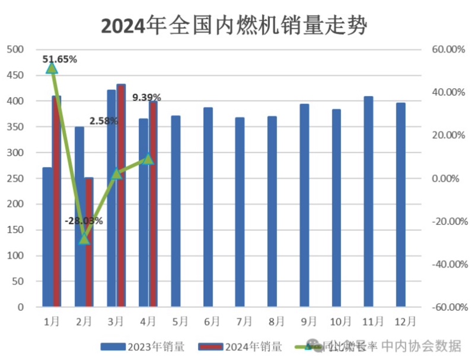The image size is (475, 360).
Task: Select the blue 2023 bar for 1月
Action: point(47,237)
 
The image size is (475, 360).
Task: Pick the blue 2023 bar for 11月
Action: point(368,202)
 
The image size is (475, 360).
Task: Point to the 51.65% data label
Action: point(60,59)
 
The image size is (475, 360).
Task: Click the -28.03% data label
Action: point(84,221)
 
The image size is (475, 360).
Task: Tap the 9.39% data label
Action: point(146,97)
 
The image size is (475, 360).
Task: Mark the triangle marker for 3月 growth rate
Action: point(116,174)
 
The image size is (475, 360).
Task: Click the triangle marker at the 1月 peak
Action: point(52,68)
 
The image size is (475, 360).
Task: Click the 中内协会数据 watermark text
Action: point(420,345)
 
